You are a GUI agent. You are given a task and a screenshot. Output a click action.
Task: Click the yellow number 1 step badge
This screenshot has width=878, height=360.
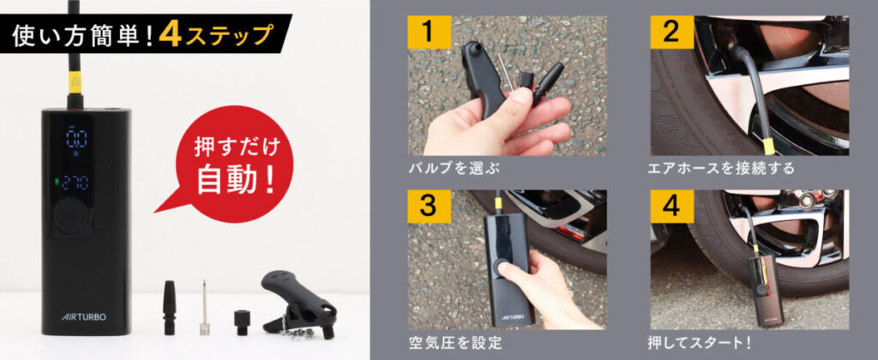coord(429,32)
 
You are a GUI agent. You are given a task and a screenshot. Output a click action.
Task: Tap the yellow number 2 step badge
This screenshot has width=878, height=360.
coord(671,32)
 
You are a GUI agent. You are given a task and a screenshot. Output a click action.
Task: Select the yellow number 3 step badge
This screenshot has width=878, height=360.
coord(429,207)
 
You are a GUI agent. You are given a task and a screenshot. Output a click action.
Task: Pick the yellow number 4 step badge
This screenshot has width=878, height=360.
coord(671,207)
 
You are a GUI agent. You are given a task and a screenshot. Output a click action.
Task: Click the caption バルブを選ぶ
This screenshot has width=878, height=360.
coord(454,168)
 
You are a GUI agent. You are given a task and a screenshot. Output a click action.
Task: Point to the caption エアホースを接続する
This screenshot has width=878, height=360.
coord(721,168)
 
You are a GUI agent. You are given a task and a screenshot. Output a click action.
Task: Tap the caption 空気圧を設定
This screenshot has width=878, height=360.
coord(454,341)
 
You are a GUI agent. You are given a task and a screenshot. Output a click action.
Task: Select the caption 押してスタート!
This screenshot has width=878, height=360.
coord(700,341)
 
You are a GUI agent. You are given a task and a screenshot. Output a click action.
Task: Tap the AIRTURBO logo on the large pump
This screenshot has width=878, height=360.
coord(83,317)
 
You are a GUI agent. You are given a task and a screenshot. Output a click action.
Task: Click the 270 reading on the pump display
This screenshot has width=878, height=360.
coord(77,182)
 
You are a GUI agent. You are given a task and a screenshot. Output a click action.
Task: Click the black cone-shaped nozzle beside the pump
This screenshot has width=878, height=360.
coord(170,308)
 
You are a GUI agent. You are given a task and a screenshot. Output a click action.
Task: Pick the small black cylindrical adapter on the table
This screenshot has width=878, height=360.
coord(241,322)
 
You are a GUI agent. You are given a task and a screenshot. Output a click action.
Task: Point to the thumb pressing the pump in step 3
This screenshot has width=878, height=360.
coord(508,269)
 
